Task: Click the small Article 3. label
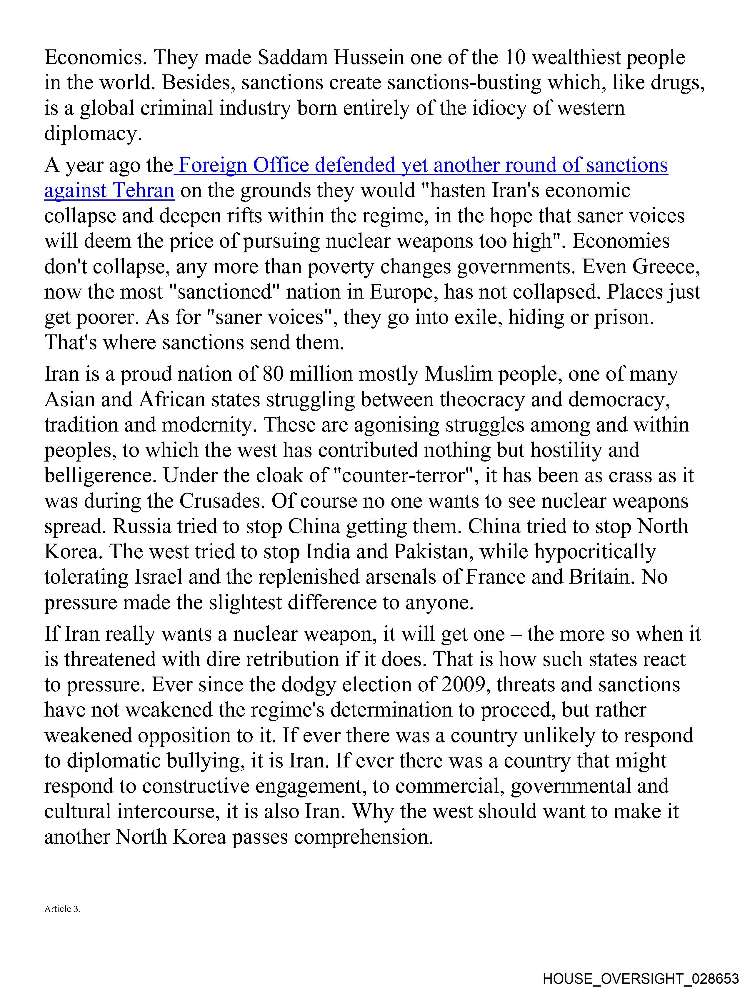(x=62, y=909)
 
